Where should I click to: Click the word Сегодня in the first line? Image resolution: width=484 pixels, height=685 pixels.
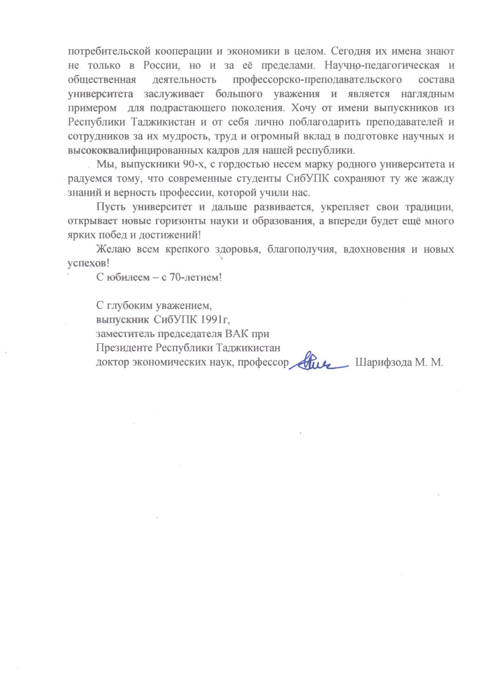click(349, 52)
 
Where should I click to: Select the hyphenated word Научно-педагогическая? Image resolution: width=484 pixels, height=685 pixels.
click(382, 66)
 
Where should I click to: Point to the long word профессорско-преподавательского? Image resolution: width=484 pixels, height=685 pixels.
click(317, 80)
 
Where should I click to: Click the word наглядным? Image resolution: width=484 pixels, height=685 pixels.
click(427, 94)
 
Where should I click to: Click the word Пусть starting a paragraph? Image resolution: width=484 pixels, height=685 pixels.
click(111, 207)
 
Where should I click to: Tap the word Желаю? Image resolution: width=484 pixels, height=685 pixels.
click(113, 249)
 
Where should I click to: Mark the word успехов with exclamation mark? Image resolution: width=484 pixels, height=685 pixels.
click(88, 263)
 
